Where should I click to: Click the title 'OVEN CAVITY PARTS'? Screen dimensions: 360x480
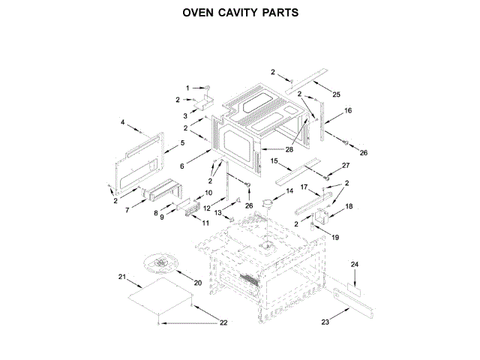pos(240,13)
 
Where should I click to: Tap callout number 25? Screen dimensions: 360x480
pos(337,94)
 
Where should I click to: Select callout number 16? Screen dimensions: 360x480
pos(348,110)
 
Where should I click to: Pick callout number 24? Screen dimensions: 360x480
pos(355,264)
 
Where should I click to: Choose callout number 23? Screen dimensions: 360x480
pos(325,322)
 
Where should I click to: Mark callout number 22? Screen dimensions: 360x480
pos(223,322)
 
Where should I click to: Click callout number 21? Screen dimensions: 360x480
pos(122,277)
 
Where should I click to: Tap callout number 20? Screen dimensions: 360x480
pos(199,283)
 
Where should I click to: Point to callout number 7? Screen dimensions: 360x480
pos(128,211)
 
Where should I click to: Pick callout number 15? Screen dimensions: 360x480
pos(274,160)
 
